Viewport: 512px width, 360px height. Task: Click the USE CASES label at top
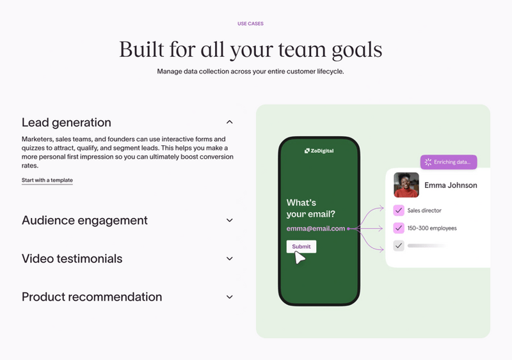pos(250,24)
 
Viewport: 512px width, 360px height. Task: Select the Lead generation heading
pos(67,122)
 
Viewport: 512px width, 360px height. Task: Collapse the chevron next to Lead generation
pos(230,122)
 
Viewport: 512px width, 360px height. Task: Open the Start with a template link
pos(47,180)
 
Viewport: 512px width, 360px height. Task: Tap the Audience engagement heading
pos(84,221)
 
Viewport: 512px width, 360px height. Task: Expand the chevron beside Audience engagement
pos(230,221)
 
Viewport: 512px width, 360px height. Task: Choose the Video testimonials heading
pos(72,259)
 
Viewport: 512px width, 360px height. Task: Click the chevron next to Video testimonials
pos(230,259)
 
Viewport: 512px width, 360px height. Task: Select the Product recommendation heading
pos(92,297)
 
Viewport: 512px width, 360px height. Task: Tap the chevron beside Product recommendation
pos(230,297)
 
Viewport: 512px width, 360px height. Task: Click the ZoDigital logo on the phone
pos(319,151)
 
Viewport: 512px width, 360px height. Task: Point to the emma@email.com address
pos(316,228)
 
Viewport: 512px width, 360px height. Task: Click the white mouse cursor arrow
pos(299,258)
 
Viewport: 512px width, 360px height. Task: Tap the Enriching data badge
pos(448,162)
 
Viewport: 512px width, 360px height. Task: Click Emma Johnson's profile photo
pos(406,185)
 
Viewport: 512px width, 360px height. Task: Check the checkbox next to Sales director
pos(399,210)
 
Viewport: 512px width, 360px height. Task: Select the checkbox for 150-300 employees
pos(399,228)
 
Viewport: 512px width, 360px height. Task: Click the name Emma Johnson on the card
pos(451,185)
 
